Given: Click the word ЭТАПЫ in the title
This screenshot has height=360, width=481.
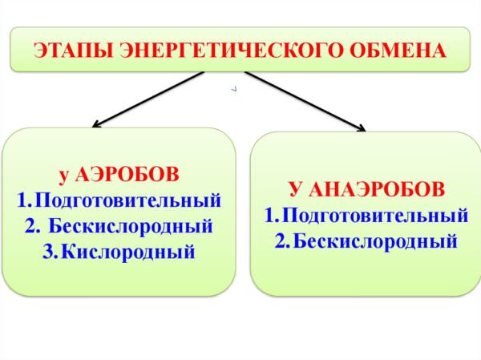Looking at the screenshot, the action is (73, 51).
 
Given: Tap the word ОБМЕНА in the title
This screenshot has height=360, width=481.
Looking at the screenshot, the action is (398, 51).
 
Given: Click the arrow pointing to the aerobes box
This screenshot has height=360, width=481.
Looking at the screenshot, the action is (148, 99).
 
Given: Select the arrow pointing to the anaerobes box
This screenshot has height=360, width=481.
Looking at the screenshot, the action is (305, 101).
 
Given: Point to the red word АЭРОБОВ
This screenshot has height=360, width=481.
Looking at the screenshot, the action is (127, 175).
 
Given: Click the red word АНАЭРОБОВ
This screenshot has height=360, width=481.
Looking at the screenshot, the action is (377, 189).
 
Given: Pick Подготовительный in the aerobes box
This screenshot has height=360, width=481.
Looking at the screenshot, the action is (128, 200).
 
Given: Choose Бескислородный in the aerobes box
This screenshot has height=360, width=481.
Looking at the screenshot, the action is (131, 226).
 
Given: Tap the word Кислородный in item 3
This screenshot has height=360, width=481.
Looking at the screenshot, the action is (128, 253).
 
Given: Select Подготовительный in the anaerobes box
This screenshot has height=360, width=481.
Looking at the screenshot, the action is (375, 216).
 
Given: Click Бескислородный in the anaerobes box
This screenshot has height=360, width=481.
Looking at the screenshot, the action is (375, 241).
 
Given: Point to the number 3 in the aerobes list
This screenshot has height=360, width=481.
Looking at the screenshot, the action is (48, 253).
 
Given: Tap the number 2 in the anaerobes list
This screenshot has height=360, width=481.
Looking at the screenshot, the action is (281, 241).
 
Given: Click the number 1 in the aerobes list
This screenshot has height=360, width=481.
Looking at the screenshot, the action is (23, 200).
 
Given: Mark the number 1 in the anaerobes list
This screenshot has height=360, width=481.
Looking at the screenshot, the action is (270, 216).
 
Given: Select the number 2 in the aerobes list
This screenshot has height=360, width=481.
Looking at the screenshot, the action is (31, 226).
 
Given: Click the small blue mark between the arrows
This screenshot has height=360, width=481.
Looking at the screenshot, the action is (234, 89).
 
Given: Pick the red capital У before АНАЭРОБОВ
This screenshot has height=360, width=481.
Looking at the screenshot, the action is (295, 189).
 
